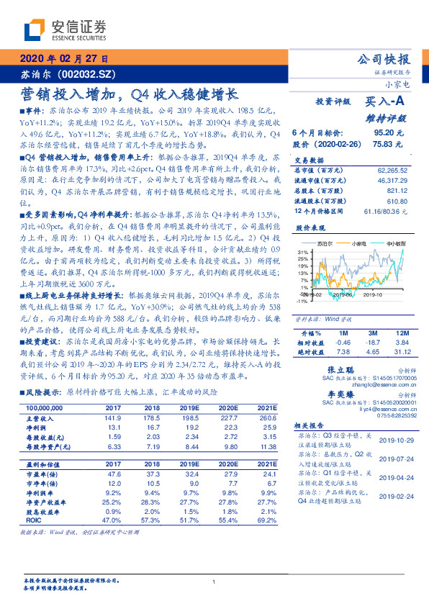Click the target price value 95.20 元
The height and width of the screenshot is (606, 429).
[x=389, y=133]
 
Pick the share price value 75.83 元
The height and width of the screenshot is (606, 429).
[x=389, y=145]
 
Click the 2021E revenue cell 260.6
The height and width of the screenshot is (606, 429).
[x=266, y=417]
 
